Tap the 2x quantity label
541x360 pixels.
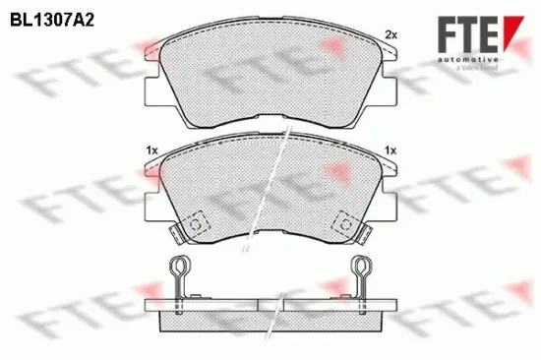pyautogui.click(x=391, y=35)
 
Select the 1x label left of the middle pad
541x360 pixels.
pyautogui.click(x=150, y=149)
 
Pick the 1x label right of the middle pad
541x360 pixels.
pyautogui.click(x=391, y=149)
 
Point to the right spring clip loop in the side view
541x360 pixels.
pyautogui.click(x=361, y=268)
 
